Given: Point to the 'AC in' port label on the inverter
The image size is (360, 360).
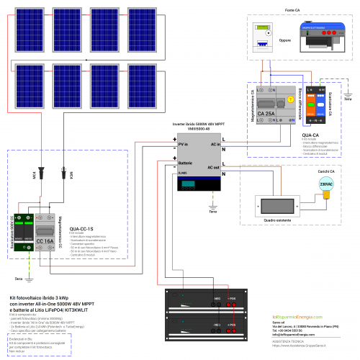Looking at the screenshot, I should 213,144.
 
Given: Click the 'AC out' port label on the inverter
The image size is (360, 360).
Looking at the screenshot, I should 212,167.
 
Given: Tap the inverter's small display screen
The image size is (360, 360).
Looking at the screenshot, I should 189,185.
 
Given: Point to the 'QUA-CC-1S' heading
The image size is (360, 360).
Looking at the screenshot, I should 84,228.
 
